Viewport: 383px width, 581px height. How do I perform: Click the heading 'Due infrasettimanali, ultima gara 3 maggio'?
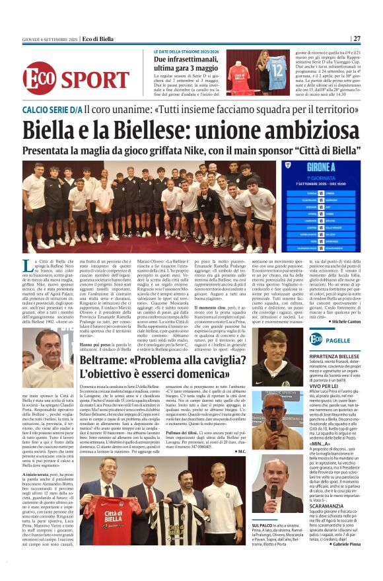coord(182,59)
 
